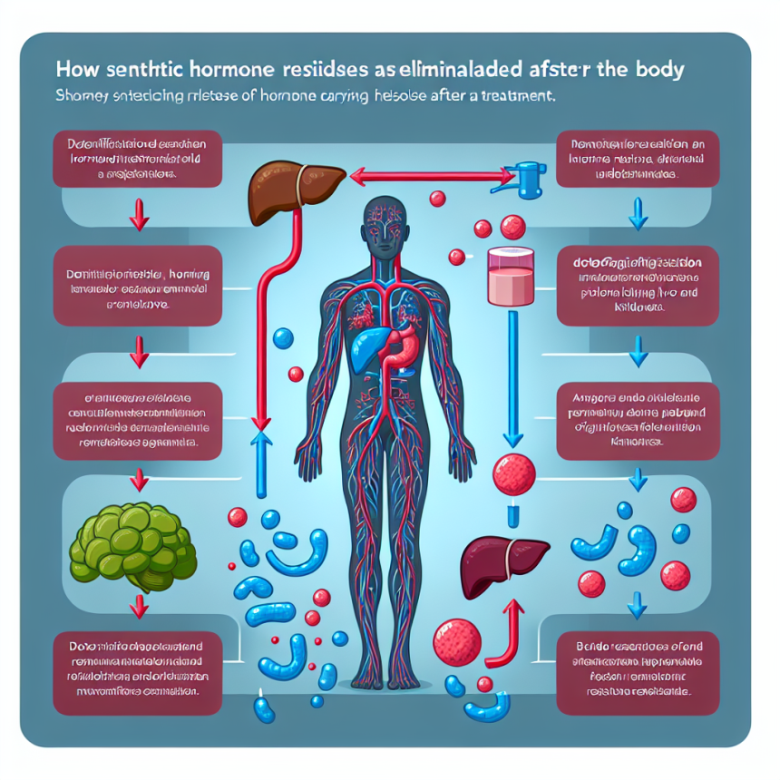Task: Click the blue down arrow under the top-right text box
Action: (x=635, y=214)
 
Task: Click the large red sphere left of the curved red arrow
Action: (x=456, y=640)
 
